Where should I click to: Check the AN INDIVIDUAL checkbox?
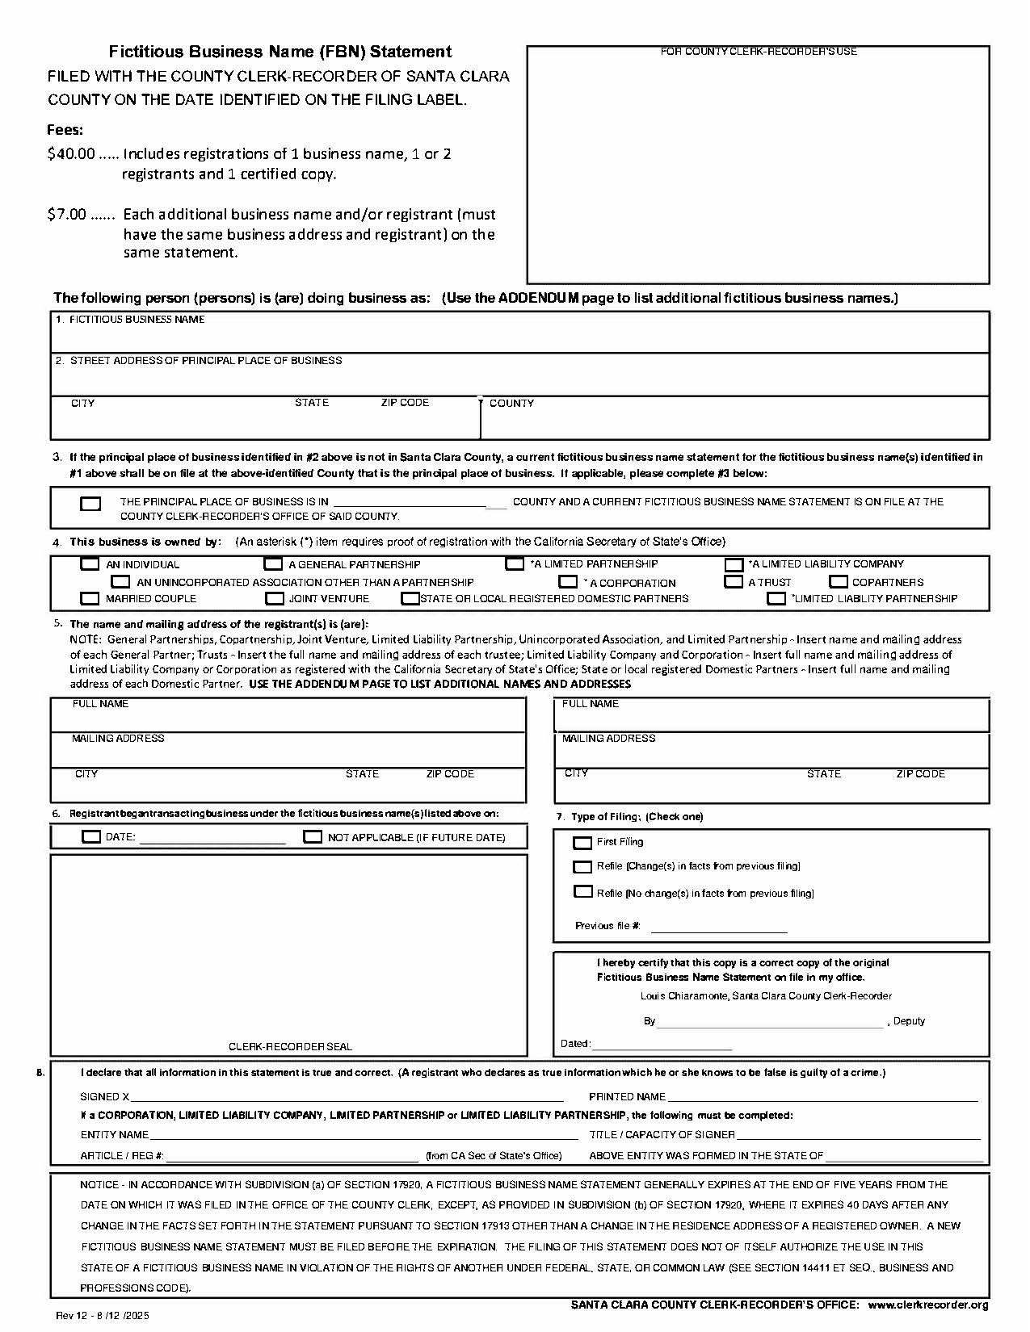click(90, 564)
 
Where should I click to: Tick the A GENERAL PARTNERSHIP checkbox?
click(274, 564)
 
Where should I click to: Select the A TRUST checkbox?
click(734, 581)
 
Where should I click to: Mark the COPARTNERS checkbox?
click(839, 581)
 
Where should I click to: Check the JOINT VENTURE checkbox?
click(275, 598)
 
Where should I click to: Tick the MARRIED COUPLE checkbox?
click(90, 598)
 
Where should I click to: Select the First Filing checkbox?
click(582, 843)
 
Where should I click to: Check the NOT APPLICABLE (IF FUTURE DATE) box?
click(313, 837)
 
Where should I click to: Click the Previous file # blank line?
click(718, 928)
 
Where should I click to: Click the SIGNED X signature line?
click(347, 1097)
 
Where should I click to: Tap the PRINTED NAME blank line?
click(822, 1097)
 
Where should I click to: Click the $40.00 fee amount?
click(71, 154)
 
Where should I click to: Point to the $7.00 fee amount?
click(66, 215)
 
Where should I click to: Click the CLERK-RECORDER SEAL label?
click(290, 1047)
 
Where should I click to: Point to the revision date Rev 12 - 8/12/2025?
click(103, 1316)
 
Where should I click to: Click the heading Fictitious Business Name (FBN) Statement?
click(280, 52)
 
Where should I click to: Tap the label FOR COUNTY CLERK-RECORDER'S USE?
click(759, 52)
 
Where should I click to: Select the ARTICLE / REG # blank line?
click(292, 1157)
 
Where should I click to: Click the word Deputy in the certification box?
click(909, 1021)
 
